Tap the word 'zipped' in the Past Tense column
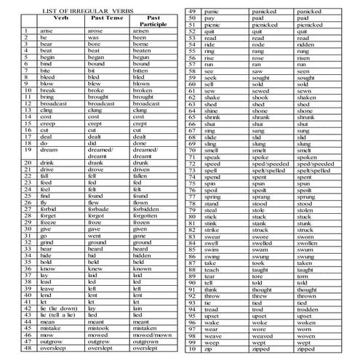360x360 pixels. (x=260, y=349)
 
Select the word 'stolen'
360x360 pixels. (x=306, y=209)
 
